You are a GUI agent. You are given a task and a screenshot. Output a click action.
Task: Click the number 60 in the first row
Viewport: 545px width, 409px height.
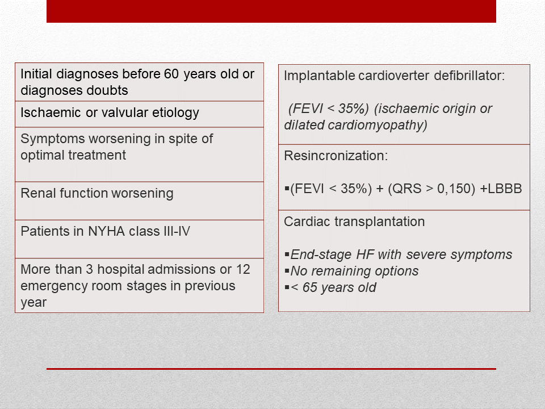click(x=171, y=74)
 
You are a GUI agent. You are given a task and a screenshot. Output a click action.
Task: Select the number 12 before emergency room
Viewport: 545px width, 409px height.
click(x=244, y=269)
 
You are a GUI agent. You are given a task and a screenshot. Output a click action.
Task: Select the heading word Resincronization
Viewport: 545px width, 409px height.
click(x=336, y=156)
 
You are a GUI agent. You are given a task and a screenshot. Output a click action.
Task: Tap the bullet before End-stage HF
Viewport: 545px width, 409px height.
click(x=287, y=254)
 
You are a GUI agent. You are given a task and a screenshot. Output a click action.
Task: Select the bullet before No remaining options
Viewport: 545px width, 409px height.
click(x=287, y=270)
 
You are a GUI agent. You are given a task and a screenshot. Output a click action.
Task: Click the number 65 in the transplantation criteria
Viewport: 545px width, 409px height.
click(x=309, y=287)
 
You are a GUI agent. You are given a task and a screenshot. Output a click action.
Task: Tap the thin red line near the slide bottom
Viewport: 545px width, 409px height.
click(x=271, y=369)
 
